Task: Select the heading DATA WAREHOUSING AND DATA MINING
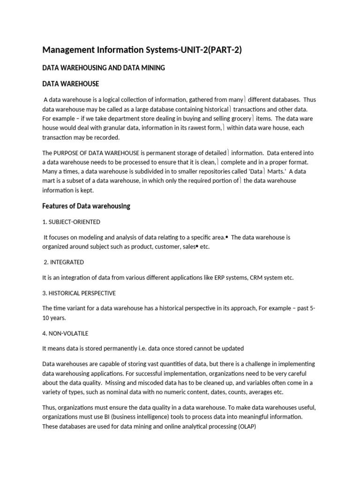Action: tap(104, 68)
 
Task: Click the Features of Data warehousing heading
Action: tap(86, 206)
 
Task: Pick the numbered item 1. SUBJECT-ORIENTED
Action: tap(71, 222)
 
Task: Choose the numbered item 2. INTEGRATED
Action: tap(64, 262)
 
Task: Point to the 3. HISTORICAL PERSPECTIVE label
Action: tap(79, 293)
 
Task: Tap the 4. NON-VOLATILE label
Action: tap(65, 333)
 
